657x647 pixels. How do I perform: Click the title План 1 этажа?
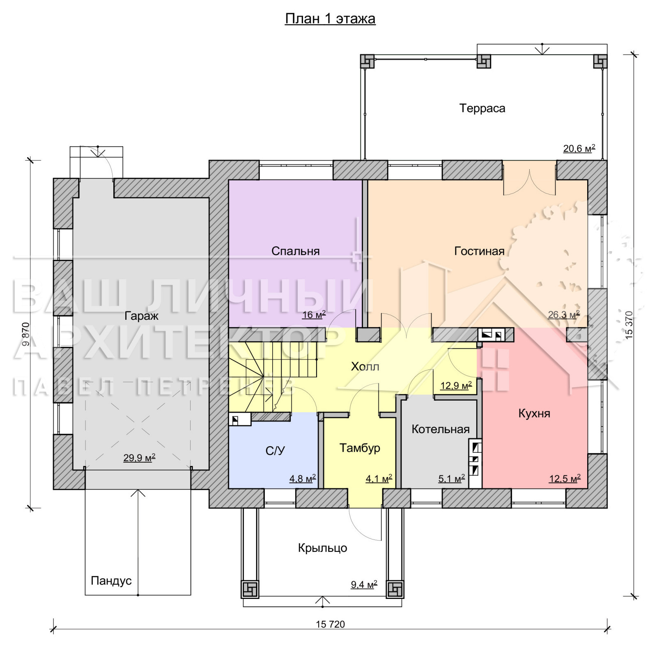point(330,19)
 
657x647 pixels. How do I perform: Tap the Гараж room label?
point(141,316)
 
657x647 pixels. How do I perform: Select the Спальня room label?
point(295,251)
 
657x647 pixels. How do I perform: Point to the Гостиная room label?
point(479,251)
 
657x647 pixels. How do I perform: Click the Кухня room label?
point(534,413)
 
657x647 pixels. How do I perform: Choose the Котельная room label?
point(441,429)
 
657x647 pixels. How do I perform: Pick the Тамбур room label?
point(360,448)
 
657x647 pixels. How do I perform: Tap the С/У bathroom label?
point(275,451)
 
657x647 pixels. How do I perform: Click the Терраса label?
point(482,108)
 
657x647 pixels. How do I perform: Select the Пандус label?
point(111,580)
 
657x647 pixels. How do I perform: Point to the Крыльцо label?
point(322,548)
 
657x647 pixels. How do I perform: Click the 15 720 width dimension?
point(330,624)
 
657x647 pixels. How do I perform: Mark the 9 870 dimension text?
point(26,334)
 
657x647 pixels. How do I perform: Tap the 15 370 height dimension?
point(629,325)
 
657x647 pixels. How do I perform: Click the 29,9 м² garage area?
point(139,457)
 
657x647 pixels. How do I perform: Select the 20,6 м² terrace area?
point(579,148)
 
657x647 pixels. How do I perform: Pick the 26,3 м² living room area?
point(564,314)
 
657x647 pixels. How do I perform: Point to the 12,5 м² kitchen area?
point(565,478)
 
